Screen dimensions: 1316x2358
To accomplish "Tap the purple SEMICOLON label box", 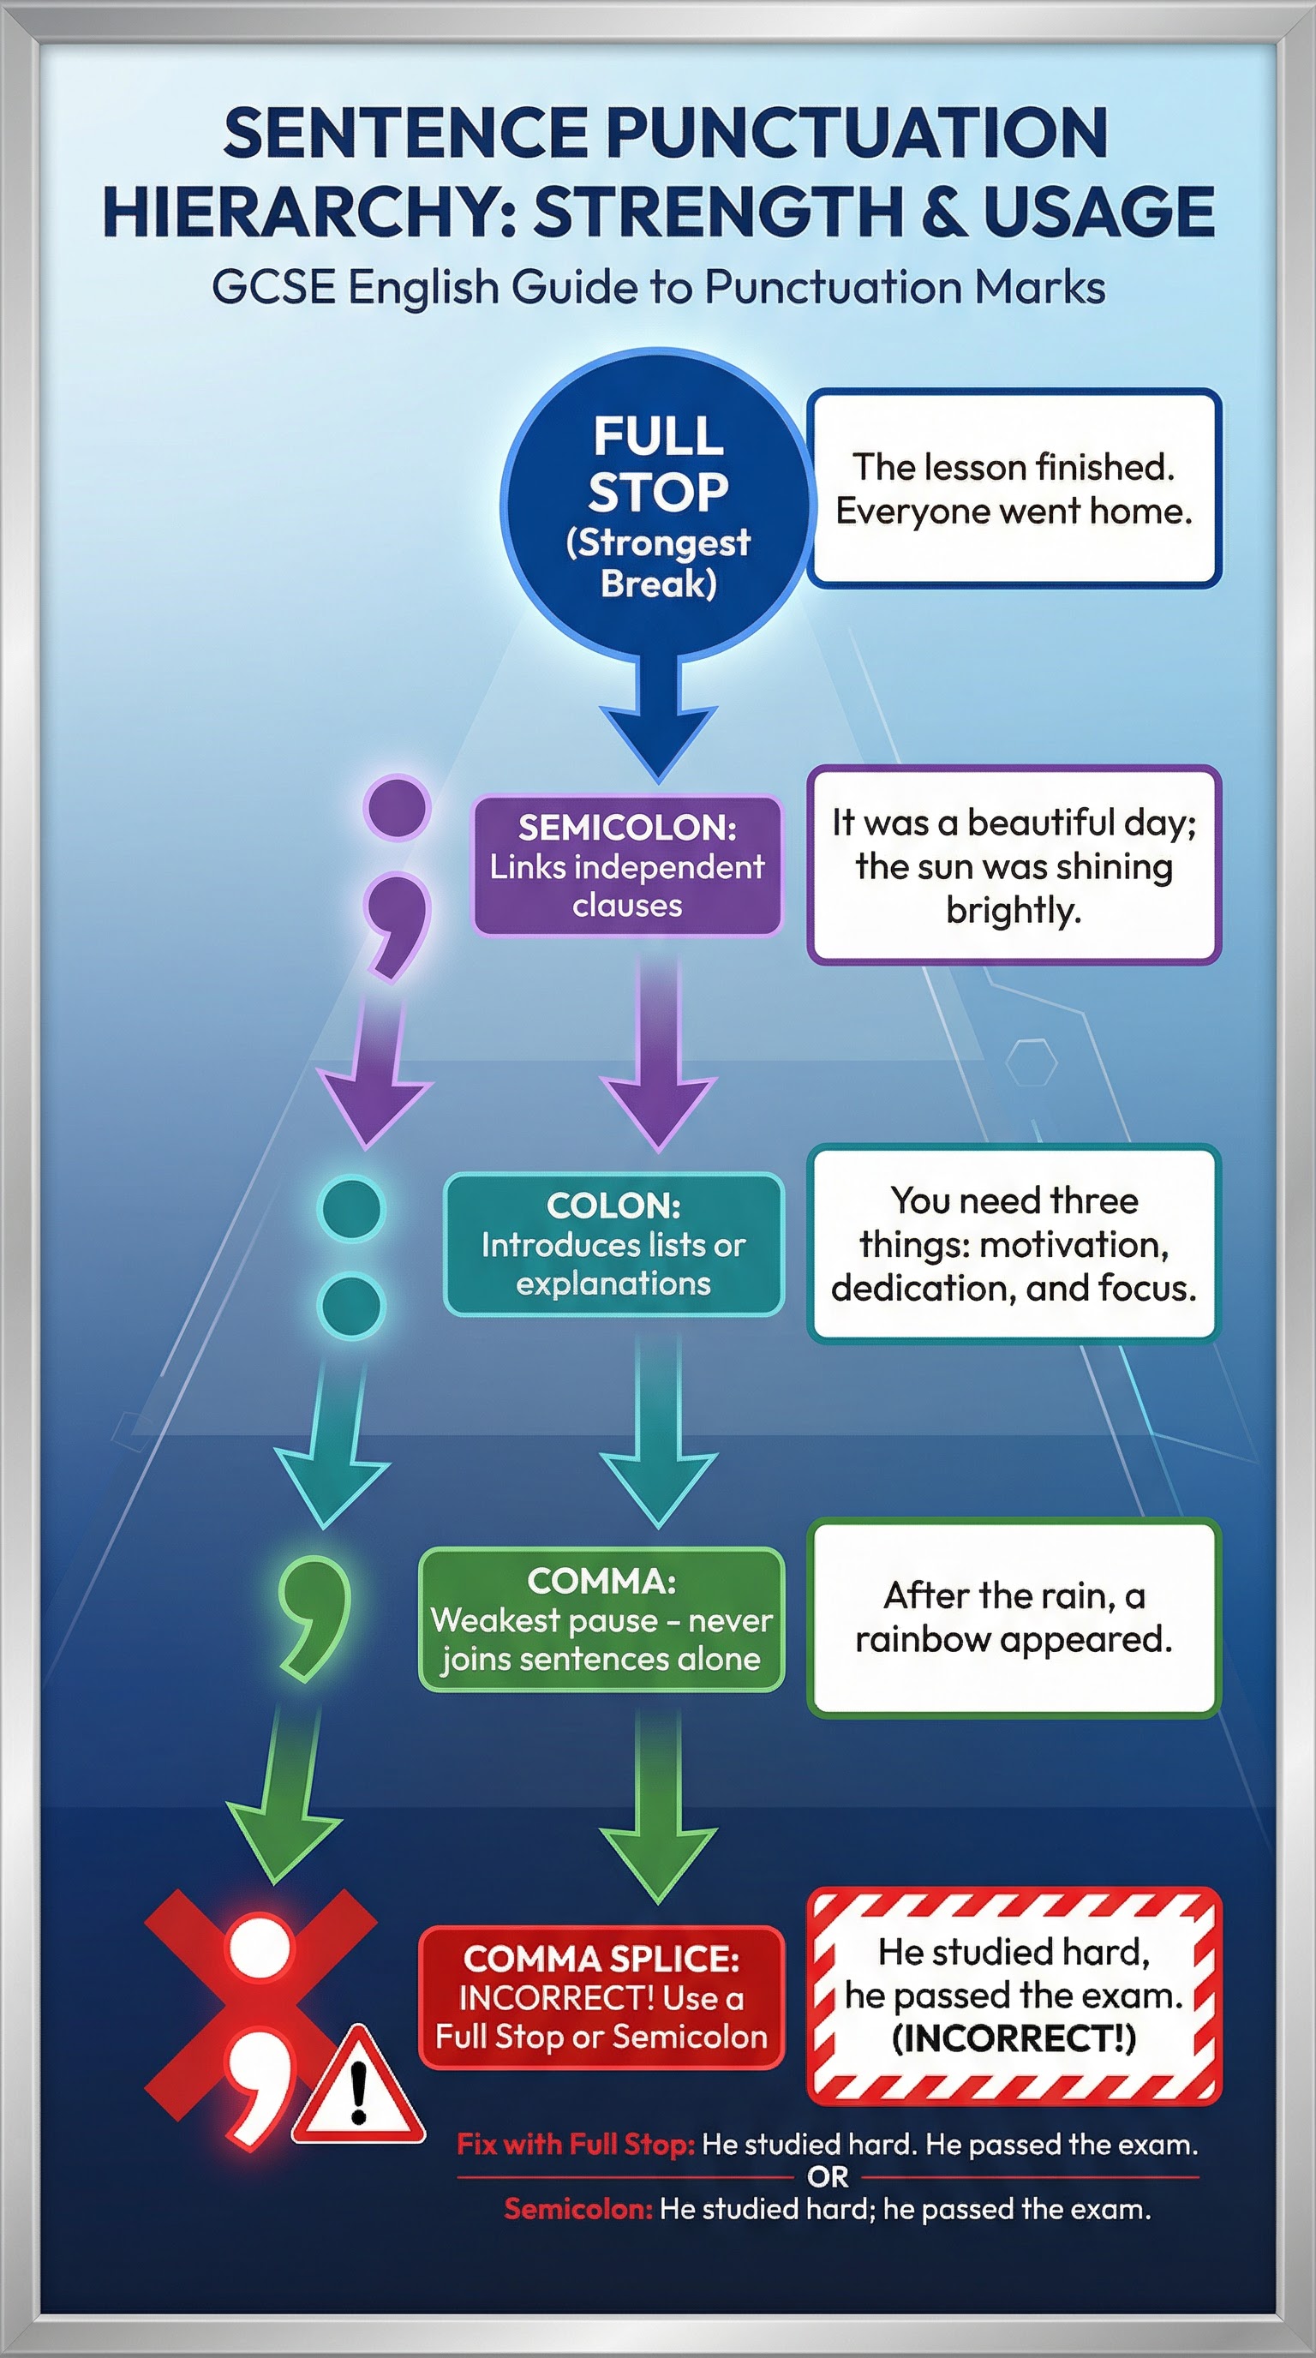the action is [x=627, y=866].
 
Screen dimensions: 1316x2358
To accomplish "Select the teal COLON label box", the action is [x=613, y=1244].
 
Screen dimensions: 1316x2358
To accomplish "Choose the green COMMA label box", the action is [x=601, y=1619].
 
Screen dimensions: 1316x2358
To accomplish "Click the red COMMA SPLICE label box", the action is [x=601, y=1997].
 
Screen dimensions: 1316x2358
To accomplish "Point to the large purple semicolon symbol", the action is [x=397, y=877].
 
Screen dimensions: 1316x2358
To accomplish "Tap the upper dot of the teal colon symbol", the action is [x=350, y=1208].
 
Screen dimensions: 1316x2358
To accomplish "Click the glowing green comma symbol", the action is [x=314, y=1618].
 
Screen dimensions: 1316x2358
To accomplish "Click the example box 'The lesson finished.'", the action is [x=1014, y=488].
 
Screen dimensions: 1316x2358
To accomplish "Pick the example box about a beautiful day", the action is [x=1014, y=865].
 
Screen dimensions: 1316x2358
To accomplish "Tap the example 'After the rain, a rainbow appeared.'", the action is [x=1014, y=1619].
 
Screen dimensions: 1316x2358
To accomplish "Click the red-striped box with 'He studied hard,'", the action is [x=1014, y=1996].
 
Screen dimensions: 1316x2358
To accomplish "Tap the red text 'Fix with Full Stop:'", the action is [x=576, y=2145].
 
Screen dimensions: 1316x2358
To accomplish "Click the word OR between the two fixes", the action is [x=828, y=2176].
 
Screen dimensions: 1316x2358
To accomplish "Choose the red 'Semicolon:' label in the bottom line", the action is [x=578, y=2209].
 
